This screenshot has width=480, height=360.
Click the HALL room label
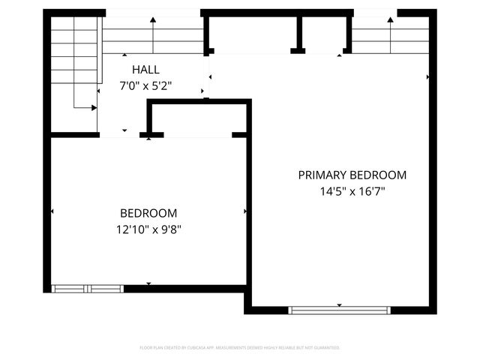[x=147, y=69]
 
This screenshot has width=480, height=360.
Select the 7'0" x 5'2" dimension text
[x=147, y=85]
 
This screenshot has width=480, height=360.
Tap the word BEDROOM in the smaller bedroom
[x=148, y=213]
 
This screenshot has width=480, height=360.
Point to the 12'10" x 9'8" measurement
[x=148, y=229]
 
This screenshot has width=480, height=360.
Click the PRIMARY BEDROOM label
[x=352, y=175]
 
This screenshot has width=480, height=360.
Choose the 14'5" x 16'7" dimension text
[x=352, y=191]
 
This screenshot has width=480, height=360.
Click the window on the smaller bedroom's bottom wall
[x=88, y=288]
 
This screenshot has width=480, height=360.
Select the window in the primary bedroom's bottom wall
[x=339, y=310]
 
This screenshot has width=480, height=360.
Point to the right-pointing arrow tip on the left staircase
[x=94, y=108]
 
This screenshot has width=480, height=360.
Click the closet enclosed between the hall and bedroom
[x=199, y=120]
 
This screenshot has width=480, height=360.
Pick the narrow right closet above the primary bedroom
[x=322, y=34]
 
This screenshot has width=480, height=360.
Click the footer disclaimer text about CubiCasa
[x=240, y=348]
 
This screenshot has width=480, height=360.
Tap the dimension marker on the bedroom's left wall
[x=52, y=212]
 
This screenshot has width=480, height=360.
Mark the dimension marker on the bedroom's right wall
[x=245, y=212]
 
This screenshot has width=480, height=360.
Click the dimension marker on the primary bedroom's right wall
[x=428, y=76]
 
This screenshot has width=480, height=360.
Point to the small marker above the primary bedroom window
[x=339, y=304]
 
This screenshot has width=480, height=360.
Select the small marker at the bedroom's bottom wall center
[x=148, y=283]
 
